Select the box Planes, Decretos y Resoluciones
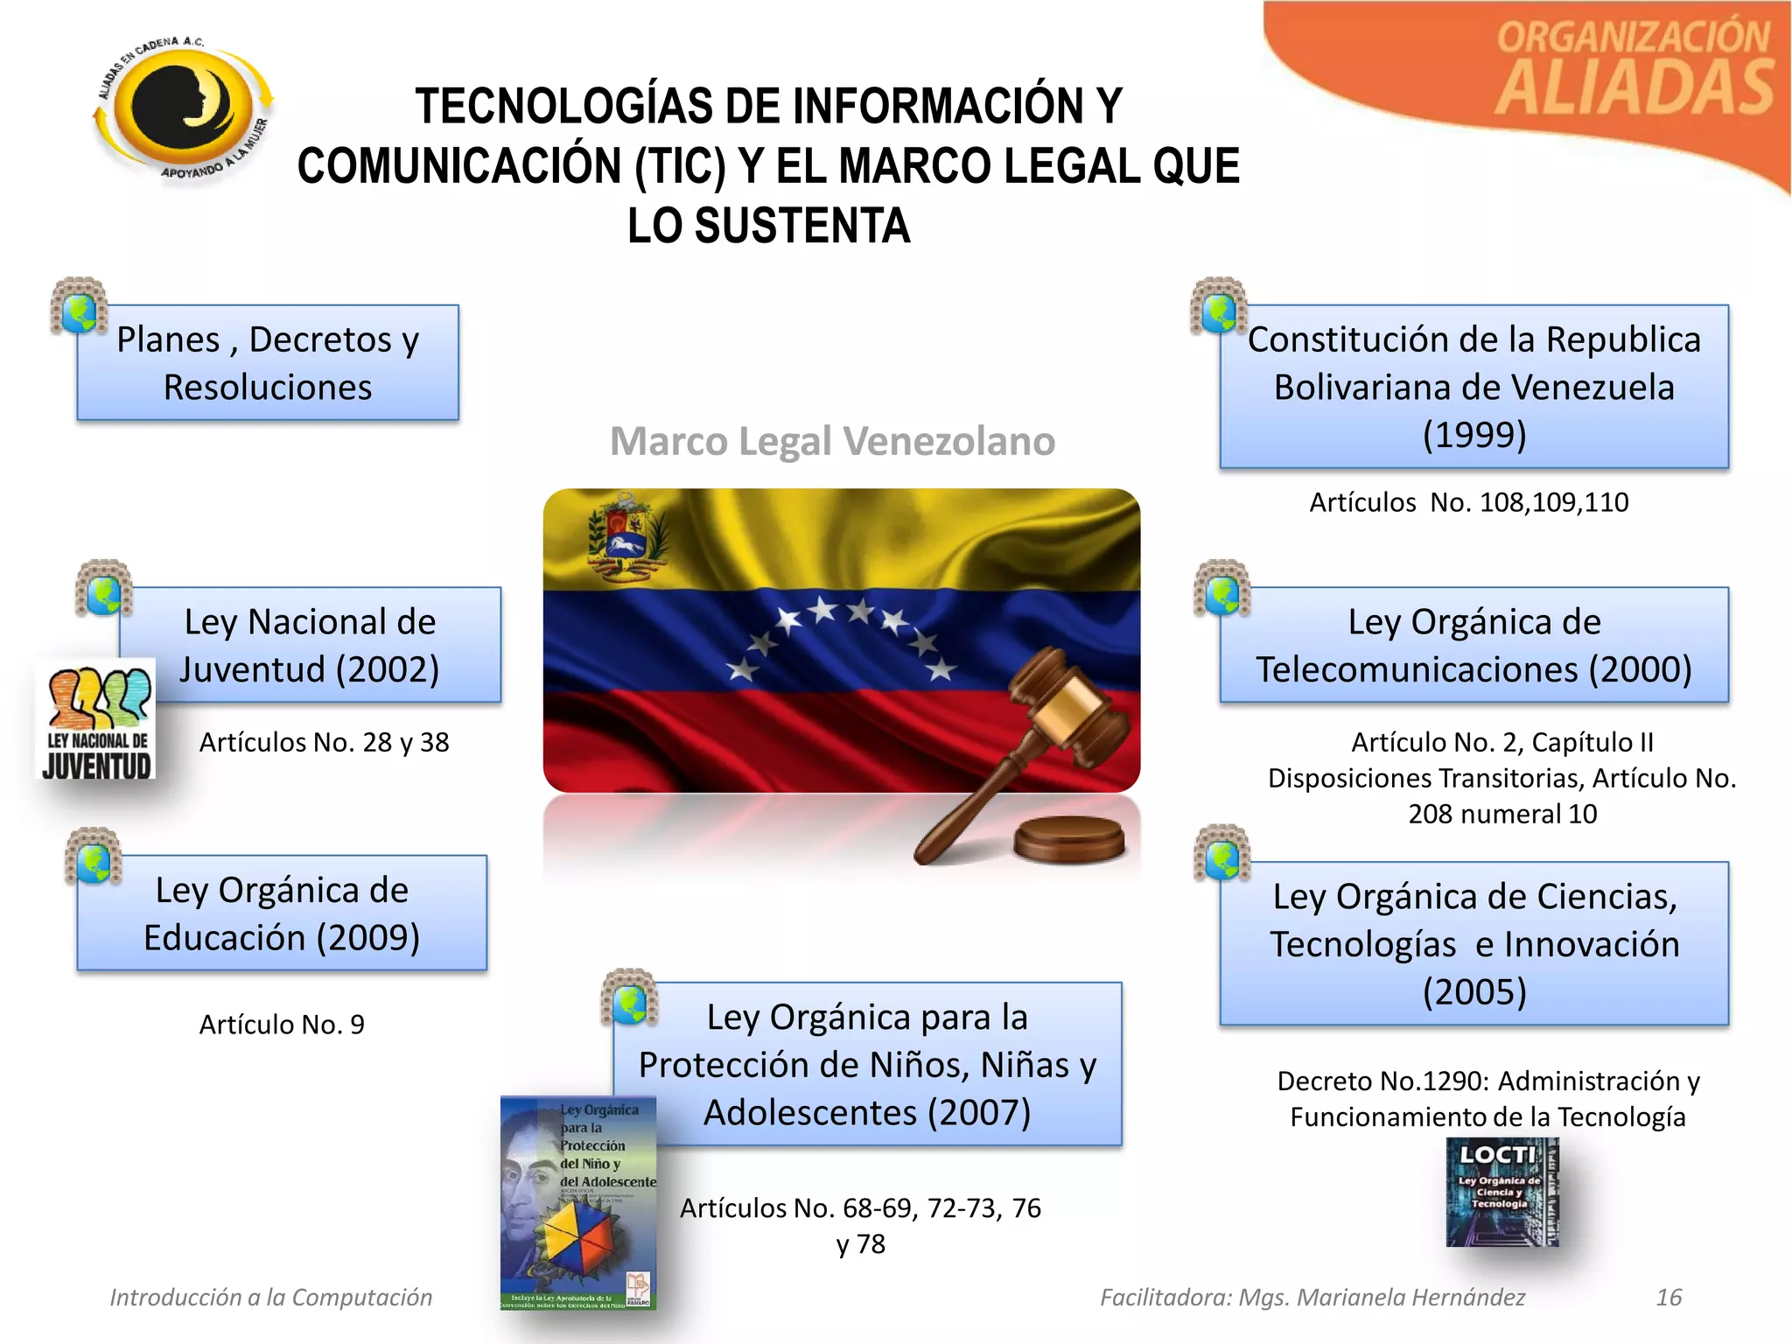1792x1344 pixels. click(x=268, y=362)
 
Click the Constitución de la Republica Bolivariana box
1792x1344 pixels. click(x=1473, y=386)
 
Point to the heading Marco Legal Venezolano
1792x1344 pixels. click(x=832, y=441)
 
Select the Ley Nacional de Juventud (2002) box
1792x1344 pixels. click(x=310, y=645)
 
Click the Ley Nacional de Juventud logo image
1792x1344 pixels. click(x=97, y=719)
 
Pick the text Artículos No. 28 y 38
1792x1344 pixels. click(x=324, y=742)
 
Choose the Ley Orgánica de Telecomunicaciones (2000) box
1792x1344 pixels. click(x=1473, y=645)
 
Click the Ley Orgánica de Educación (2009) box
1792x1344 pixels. click(x=282, y=913)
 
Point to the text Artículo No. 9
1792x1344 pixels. click(x=282, y=1024)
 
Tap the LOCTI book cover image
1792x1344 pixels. click(x=1501, y=1191)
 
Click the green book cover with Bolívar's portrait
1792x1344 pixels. click(x=577, y=1202)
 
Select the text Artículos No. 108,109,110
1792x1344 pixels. click(x=1468, y=502)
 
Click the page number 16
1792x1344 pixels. click(x=1669, y=1297)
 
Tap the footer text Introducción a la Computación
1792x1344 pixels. click(x=271, y=1297)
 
